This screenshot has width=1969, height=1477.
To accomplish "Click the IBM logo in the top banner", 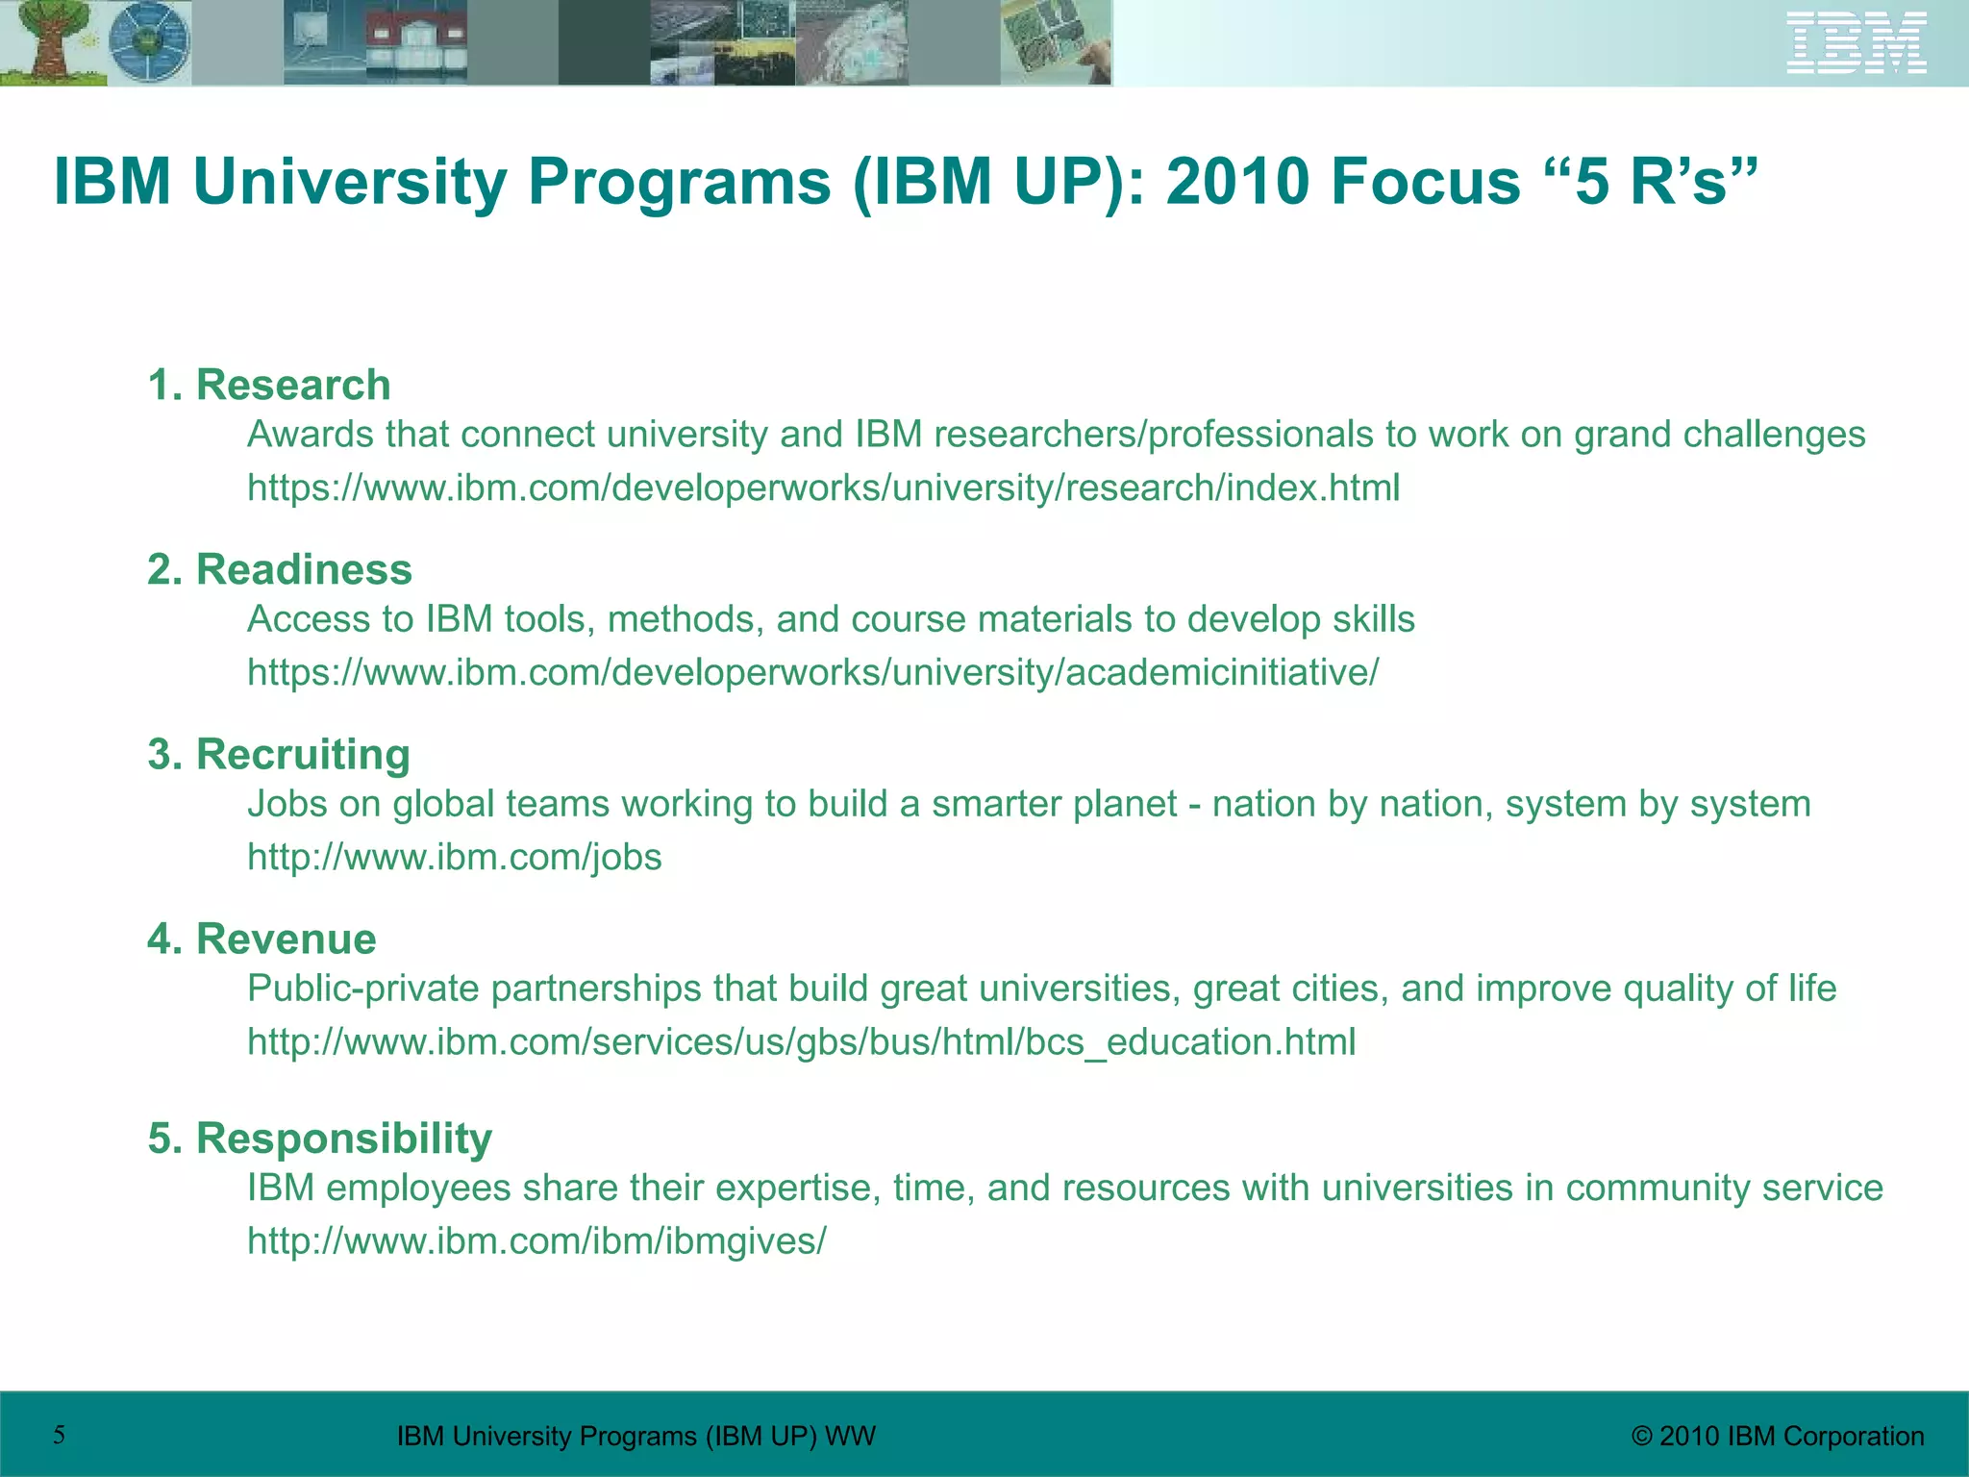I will tap(1856, 42).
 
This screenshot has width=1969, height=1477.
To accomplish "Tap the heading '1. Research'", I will tap(269, 386).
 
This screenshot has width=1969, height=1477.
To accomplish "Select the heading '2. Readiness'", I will tap(280, 570).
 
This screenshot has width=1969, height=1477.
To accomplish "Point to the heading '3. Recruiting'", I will tap(279, 755).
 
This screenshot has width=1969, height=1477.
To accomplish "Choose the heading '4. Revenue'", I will tap(262, 939).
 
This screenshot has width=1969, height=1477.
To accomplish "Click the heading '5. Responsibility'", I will tap(320, 1139).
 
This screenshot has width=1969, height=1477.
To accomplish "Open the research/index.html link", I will tap(823, 488).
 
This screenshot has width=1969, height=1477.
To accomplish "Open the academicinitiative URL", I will tap(812, 673).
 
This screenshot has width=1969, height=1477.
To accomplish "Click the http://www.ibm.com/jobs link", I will tap(455, 858).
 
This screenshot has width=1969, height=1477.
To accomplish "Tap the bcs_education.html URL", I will tap(801, 1042).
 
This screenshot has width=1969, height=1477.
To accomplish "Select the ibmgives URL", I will tap(536, 1241).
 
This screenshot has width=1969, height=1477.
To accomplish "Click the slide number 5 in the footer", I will tap(60, 1436).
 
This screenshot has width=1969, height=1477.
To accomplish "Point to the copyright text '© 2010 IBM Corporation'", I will tap(1778, 1437).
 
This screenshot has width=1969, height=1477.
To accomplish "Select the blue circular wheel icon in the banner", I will tap(149, 43).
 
